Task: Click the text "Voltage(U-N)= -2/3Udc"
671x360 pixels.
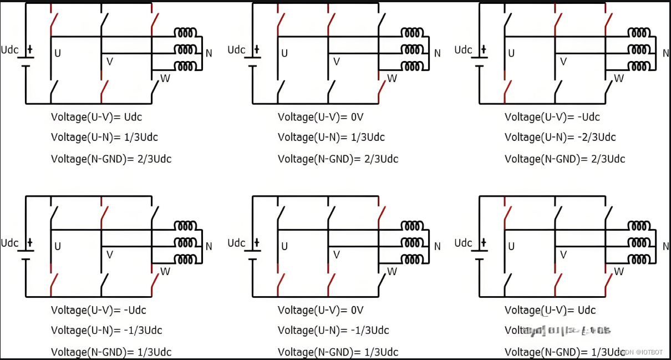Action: click(560, 137)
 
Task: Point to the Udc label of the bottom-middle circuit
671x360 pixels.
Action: click(236, 243)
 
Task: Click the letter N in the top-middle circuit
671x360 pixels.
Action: click(438, 53)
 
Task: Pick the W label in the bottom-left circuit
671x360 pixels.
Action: click(165, 271)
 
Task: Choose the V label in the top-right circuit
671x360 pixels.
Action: click(563, 62)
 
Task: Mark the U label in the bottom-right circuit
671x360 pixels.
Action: click(511, 246)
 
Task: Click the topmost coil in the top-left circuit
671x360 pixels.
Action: click(186, 33)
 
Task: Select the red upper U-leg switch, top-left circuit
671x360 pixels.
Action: click(53, 20)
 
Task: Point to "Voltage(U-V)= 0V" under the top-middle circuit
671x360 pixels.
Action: click(321, 117)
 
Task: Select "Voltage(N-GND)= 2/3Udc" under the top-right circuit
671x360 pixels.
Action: click(565, 159)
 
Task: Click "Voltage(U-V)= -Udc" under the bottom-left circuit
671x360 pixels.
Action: click(99, 310)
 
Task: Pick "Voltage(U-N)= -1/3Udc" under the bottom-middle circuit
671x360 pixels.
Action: click(333, 331)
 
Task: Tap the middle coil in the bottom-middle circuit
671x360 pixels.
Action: click(412, 242)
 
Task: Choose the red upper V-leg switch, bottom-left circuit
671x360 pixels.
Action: click(104, 213)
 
